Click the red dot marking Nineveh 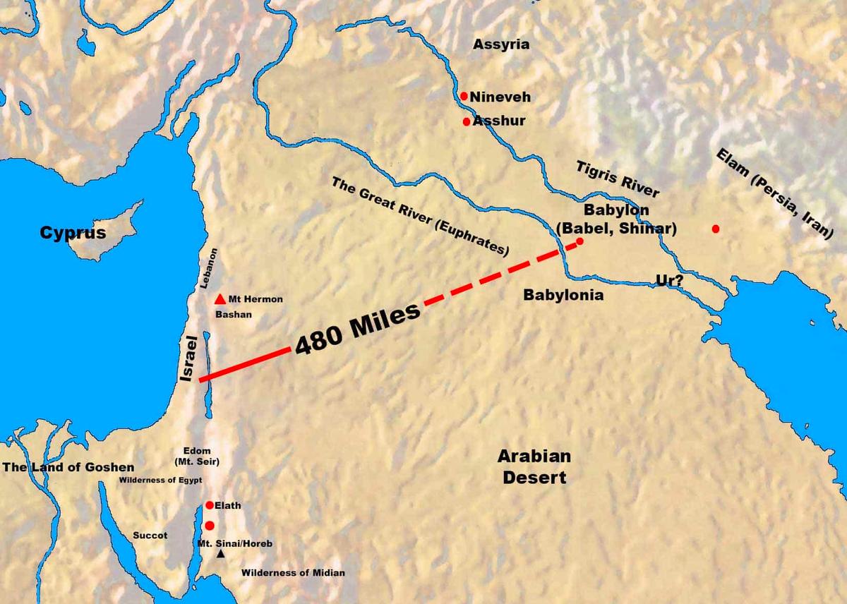464,96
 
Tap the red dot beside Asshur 466,121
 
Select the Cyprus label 73,233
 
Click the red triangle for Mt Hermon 220,298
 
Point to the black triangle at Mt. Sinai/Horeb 221,555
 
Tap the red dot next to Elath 210,505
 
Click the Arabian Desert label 534,466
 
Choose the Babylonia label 563,295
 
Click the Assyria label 501,44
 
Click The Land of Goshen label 68,467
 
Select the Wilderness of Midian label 293,573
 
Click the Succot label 150,536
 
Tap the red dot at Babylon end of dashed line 580,241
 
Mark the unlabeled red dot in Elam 716,229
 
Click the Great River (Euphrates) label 420,215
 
